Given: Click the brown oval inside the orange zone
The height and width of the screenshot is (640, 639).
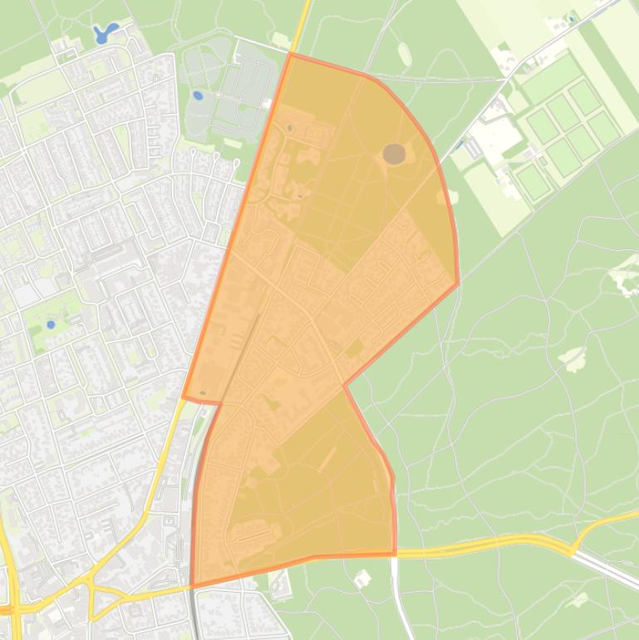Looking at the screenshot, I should pos(394,153).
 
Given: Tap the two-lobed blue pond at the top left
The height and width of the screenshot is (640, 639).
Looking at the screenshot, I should pos(106,33).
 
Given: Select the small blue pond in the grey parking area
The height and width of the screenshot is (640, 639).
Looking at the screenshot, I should pos(198,96).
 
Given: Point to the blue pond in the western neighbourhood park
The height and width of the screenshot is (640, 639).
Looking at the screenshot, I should pos(51,324).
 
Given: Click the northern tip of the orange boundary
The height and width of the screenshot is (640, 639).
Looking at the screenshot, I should pos(290,53).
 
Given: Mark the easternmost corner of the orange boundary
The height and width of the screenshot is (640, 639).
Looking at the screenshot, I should pos(458,284).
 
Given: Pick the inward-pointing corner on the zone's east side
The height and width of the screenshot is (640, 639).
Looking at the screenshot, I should pos(344,385).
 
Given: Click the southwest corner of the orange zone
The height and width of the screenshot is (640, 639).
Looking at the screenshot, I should pos(192,587).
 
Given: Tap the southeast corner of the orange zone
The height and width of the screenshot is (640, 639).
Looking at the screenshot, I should pos(395,554).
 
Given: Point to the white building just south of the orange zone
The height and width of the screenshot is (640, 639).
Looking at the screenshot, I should pos(362,578).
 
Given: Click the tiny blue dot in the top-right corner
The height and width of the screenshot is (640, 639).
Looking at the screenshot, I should pos(572,18).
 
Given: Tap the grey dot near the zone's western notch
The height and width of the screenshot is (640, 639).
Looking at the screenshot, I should pos(203,393).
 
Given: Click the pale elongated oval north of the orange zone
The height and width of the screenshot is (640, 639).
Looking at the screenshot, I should pos(405,54).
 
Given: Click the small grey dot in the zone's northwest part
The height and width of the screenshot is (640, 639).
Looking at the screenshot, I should pos(289,128).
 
